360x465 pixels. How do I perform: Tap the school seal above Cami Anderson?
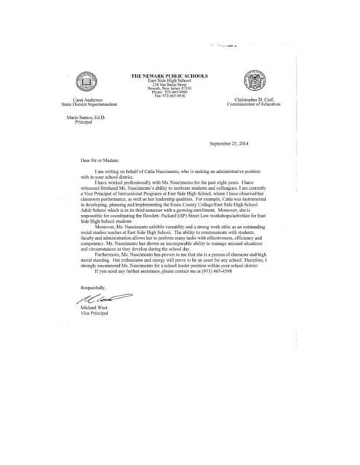[x=87, y=82]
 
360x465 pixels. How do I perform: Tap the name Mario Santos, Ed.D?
[x=87, y=116]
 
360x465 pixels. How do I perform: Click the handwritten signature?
[x=102, y=299]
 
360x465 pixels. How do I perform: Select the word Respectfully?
[x=93, y=288]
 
